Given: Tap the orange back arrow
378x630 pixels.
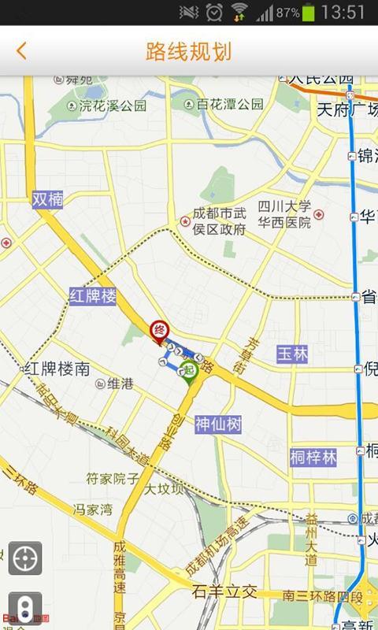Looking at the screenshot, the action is (x=21, y=51).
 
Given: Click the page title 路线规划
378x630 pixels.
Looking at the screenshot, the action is (x=189, y=52).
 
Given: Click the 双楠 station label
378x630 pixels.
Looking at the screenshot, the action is (x=47, y=199).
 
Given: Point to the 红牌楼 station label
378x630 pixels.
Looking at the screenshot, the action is (x=93, y=296).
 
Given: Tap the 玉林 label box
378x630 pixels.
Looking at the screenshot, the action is (x=291, y=354).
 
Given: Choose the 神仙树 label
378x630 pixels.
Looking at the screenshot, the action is (x=218, y=424).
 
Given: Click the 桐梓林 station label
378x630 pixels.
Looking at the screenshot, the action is (x=313, y=457).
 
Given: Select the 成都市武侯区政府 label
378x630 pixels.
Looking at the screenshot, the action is (x=220, y=221).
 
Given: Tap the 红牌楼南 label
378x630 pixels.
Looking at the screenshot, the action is (x=57, y=368).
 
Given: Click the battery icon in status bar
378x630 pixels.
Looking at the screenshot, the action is (x=309, y=12).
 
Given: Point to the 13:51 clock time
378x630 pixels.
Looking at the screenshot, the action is (x=344, y=12).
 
